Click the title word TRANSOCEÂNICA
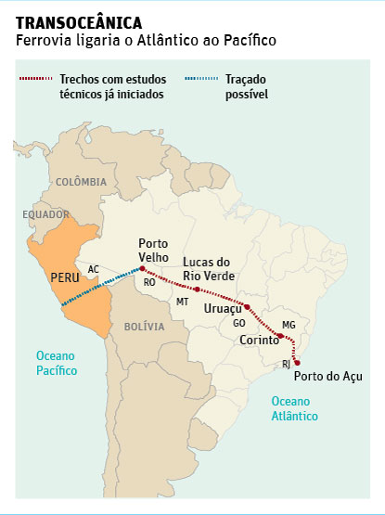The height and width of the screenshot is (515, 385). (79, 21)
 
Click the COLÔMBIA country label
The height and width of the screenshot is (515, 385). (82, 182)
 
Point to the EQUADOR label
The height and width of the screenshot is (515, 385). (46, 214)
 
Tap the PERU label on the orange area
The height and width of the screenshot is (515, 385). (65, 277)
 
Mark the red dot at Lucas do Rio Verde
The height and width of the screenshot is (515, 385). (197, 290)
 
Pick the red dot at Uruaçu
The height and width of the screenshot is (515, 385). (247, 307)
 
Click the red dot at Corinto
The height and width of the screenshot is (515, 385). (280, 336)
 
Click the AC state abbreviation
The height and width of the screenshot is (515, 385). (93, 269)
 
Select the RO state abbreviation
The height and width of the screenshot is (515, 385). (149, 281)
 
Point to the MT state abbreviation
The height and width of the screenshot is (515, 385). (182, 303)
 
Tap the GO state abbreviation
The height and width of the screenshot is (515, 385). (239, 323)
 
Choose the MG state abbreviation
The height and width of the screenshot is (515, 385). (289, 324)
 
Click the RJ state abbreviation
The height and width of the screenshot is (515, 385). (286, 365)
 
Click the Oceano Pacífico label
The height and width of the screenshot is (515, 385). (57, 363)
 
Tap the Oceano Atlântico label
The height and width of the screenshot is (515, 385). (295, 408)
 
